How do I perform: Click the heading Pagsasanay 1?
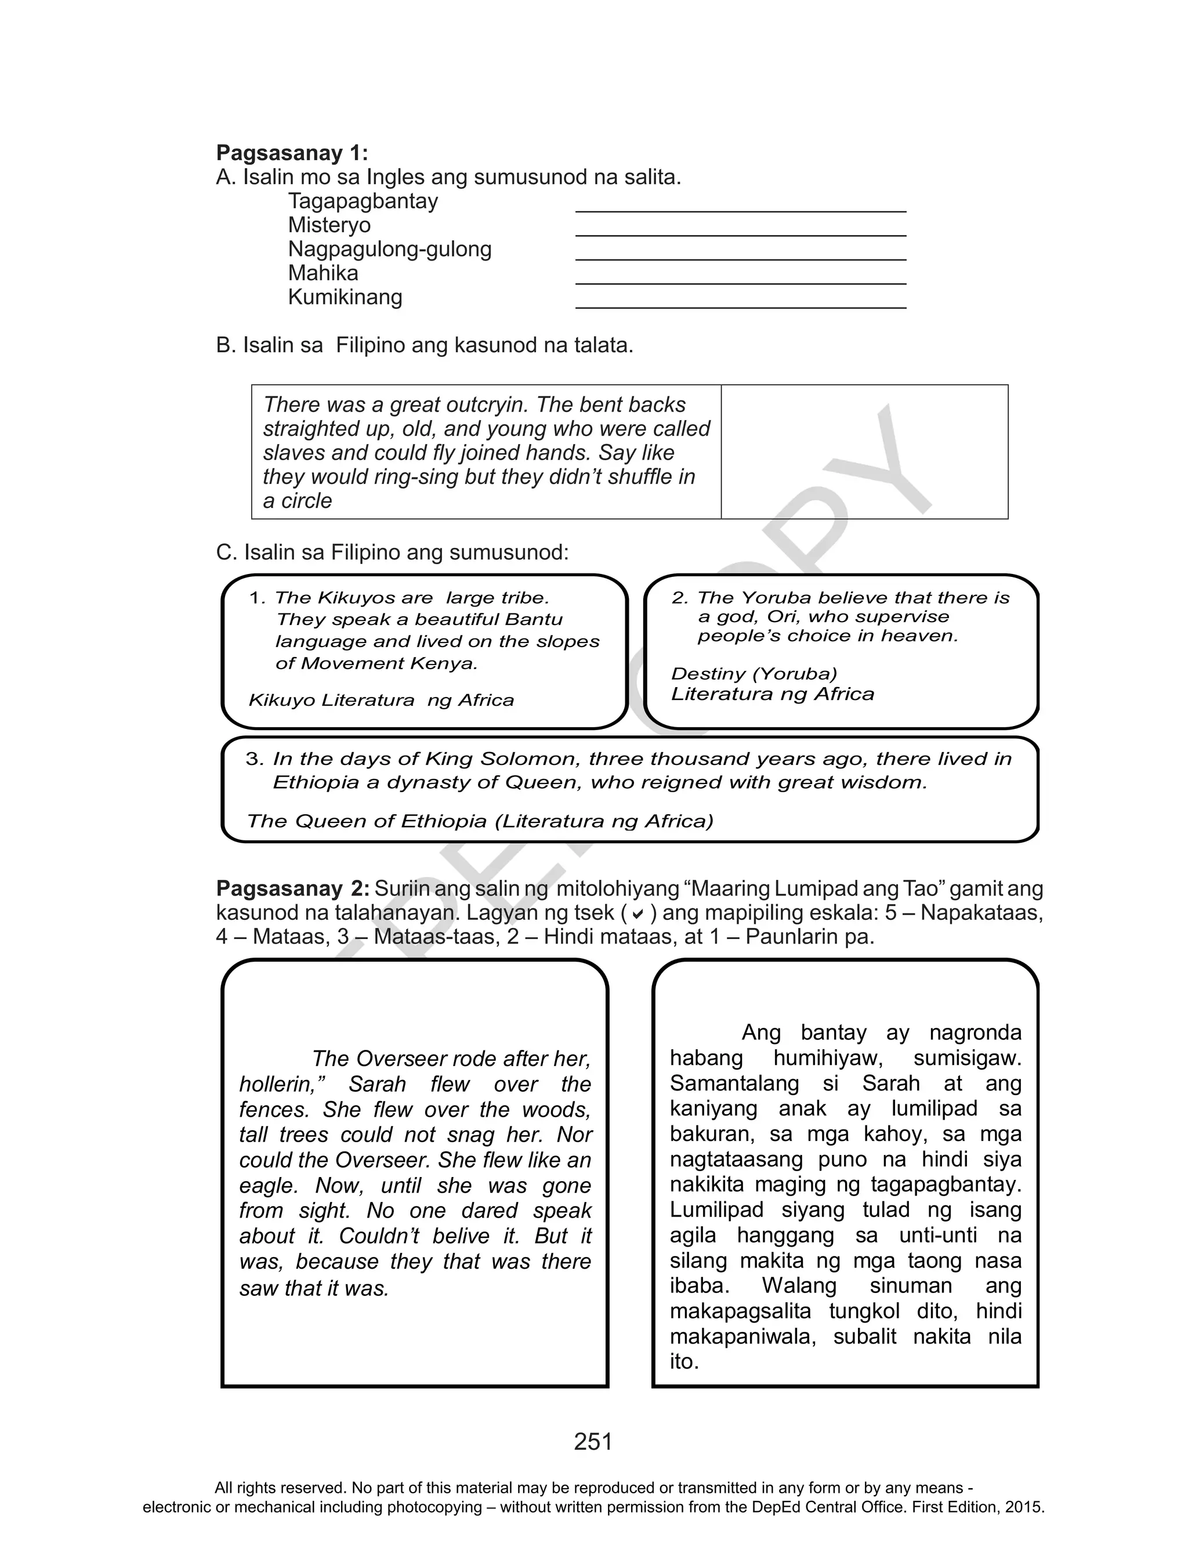coord(291,153)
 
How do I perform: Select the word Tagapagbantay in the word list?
coord(363,201)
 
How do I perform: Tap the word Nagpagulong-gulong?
coord(390,249)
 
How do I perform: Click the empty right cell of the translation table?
coord(864,452)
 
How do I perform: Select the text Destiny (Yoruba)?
coord(754,673)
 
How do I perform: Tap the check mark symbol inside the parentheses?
coord(637,914)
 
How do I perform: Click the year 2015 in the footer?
coord(1023,1507)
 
